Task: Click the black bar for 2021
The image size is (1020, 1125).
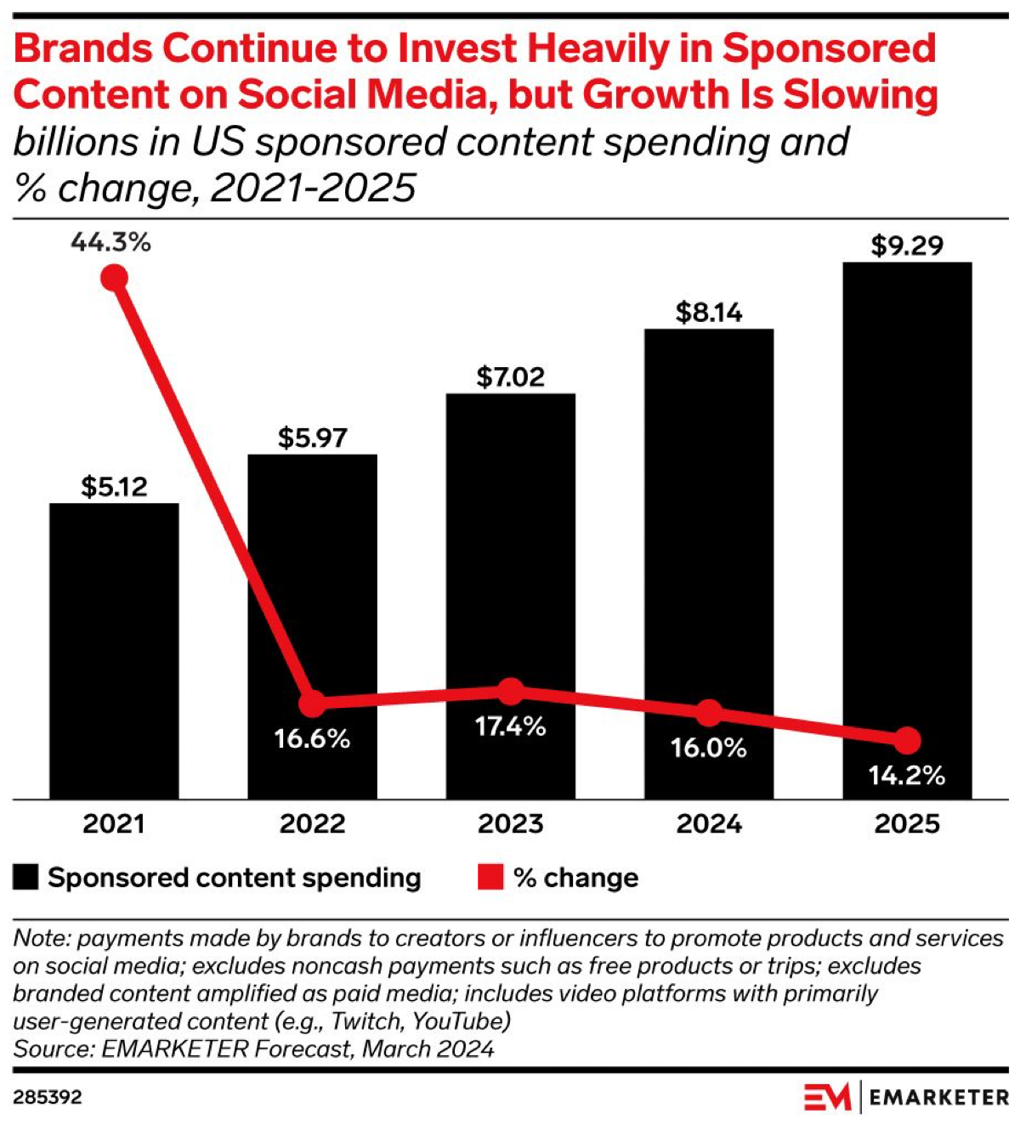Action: tap(114, 650)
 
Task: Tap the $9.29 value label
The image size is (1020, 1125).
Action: tap(907, 246)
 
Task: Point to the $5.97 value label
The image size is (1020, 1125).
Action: tap(312, 438)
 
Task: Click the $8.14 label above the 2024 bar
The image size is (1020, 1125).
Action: tap(709, 313)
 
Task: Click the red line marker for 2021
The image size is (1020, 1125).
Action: tap(114, 278)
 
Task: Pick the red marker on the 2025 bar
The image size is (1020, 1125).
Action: tap(907, 740)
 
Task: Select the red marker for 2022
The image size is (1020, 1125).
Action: tap(313, 703)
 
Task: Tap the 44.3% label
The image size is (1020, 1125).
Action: tap(110, 242)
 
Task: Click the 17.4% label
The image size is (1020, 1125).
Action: tap(510, 726)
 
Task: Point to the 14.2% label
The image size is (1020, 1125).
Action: tap(907, 775)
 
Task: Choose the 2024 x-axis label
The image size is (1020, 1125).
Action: tap(709, 823)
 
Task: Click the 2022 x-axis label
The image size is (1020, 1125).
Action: tap(312, 823)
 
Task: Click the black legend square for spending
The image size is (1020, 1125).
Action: tap(25, 877)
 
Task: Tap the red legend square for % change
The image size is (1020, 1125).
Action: tap(490, 877)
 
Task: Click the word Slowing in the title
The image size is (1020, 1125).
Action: tap(860, 94)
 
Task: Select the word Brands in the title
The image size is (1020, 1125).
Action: tap(82, 49)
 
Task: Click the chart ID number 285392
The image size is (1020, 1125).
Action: tap(48, 1097)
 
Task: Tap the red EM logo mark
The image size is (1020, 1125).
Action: tap(827, 1097)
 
